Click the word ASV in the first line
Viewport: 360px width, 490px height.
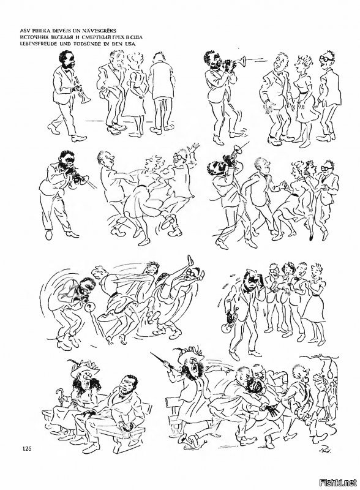pos(24,31)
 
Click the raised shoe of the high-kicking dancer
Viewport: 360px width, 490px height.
pos(190,261)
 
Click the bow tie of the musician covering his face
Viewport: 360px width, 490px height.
pos(249,290)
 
